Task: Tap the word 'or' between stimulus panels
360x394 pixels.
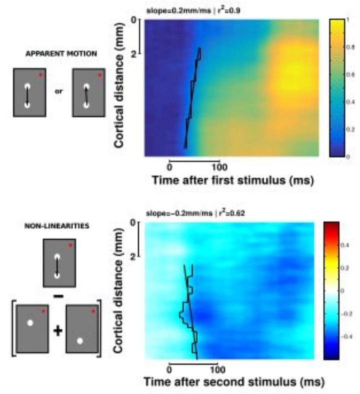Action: coord(58,92)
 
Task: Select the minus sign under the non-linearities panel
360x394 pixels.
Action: coord(58,296)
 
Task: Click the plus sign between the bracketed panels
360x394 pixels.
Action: coord(57,330)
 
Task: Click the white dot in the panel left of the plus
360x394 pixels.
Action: coord(30,322)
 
